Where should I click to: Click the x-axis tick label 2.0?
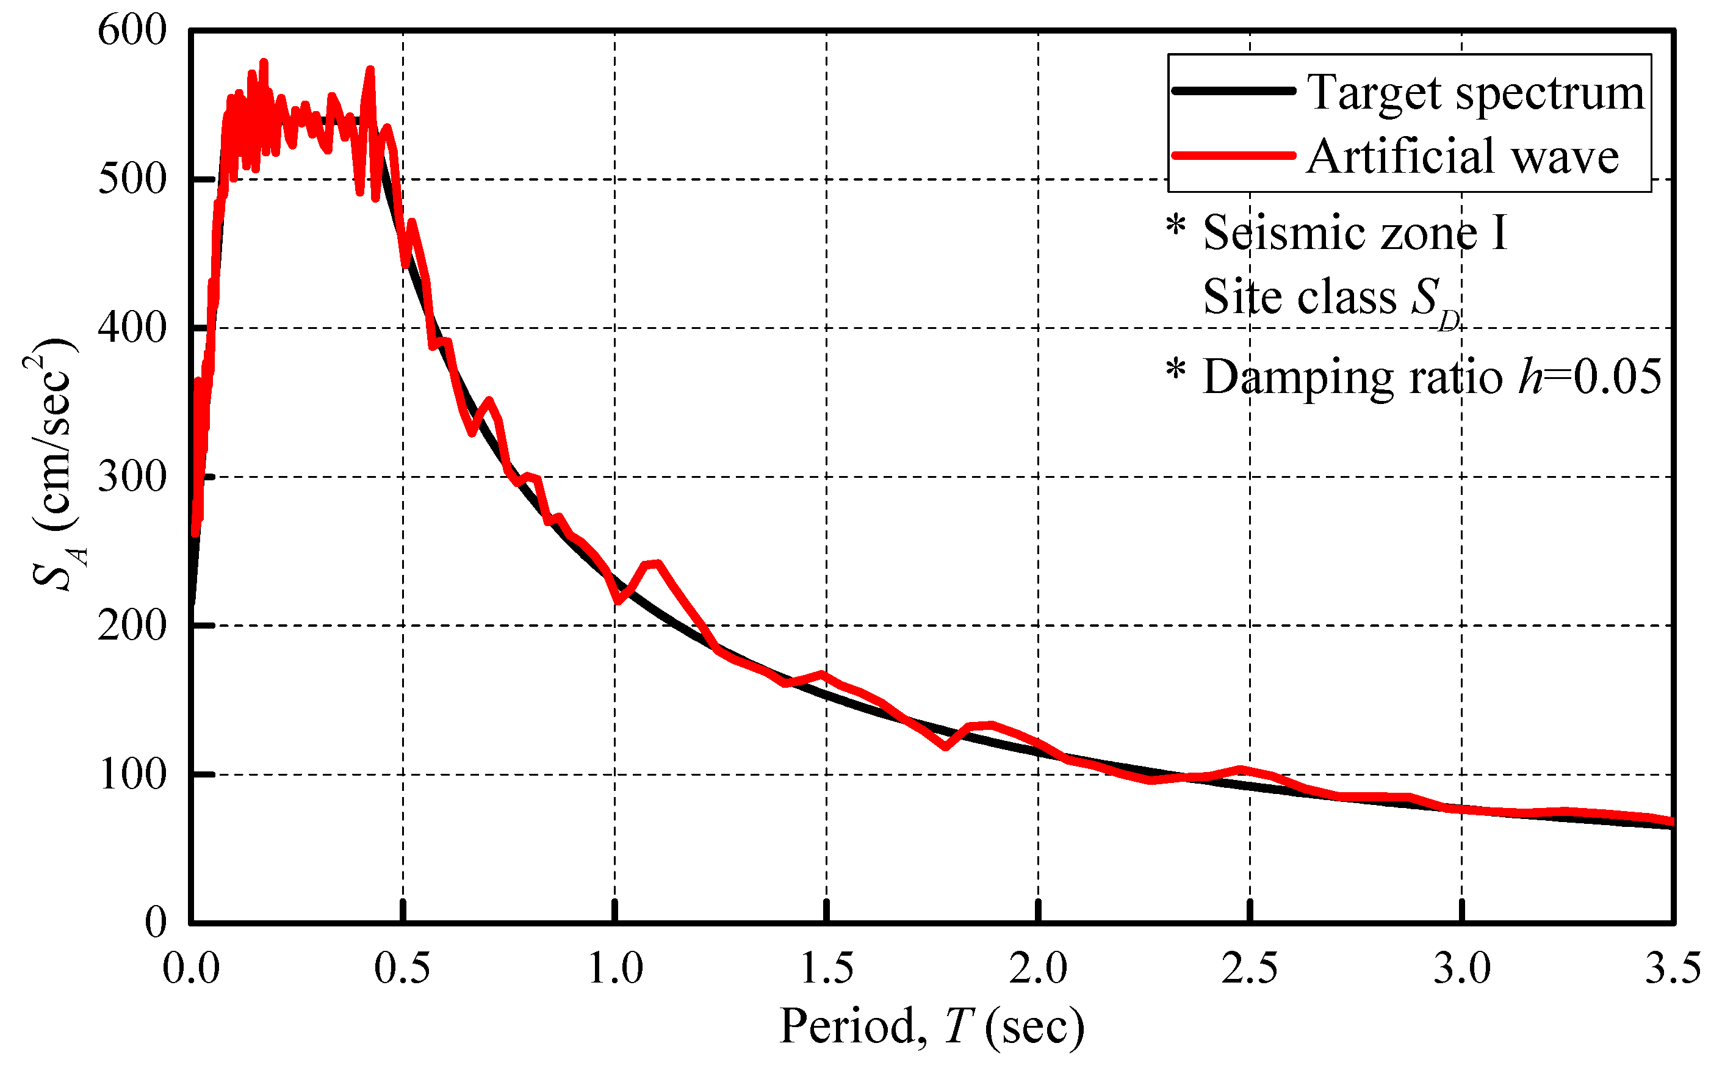point(1037,969)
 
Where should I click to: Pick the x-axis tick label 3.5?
point(1672,969)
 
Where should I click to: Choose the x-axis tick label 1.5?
point(826,969)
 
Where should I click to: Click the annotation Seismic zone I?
point(1355,233)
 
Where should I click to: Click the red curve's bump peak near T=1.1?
point(657,563)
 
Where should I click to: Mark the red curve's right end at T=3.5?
point(1671,821)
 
